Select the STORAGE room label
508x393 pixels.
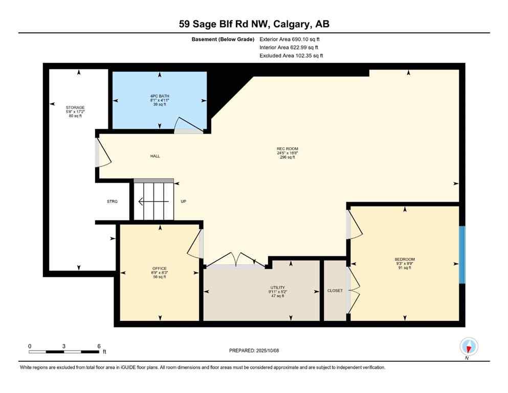coord(75,107)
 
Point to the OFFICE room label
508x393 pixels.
coord(159,269)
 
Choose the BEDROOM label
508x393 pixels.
coord(404,259)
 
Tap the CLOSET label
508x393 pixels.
coord(335,291)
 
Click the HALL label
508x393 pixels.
coord(155,156)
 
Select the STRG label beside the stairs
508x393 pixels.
coord(112,202)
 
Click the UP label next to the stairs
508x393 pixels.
coord(183,202)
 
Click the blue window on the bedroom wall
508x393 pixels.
coord(462,254)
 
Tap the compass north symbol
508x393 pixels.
coord(468,347)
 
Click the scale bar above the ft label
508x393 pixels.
coord(64,352)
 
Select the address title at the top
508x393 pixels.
coord(254,24)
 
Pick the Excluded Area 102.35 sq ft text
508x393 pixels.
coord(291,55)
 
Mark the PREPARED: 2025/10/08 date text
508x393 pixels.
coord(254,351)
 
